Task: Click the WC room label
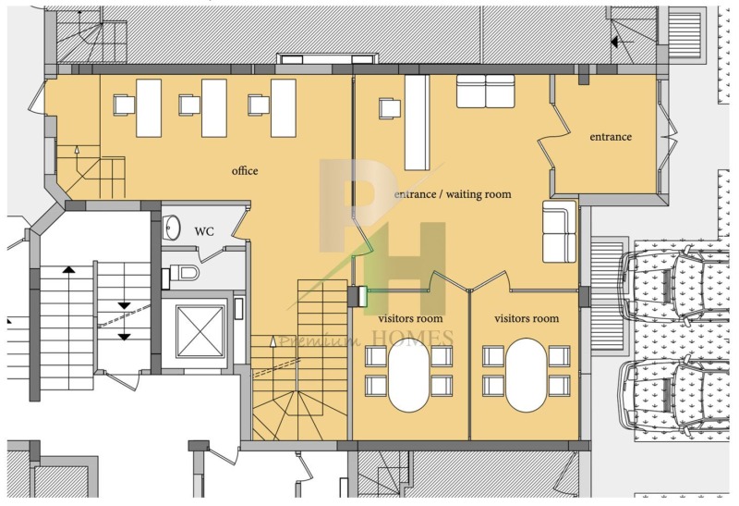coord(204,232)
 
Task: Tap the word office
coord(245,170)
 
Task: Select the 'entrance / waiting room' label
coord(453,194)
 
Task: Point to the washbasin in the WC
coord(172,228)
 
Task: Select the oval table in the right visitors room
coord(526,375)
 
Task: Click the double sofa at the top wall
coord(486,91)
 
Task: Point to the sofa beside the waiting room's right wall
coord(560,231)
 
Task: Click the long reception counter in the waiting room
coord(418,123)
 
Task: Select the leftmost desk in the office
coord(149,108)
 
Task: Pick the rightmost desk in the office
coord(284,108)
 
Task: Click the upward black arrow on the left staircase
coord(68,269)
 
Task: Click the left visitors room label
coord(410,318)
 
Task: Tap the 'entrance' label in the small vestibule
coord(611,137)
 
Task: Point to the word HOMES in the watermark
coord(413,338)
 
